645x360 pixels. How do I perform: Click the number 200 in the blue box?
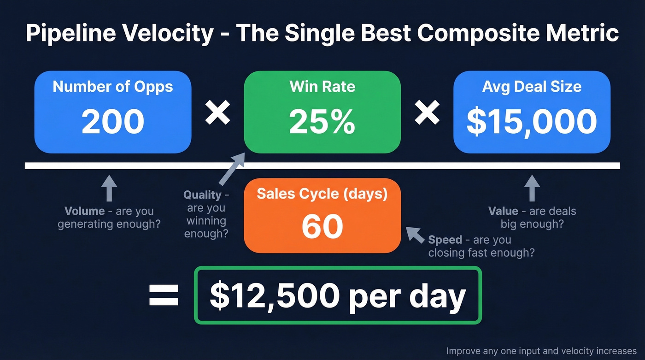point(113,121)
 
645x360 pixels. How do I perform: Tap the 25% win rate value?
point(322,121)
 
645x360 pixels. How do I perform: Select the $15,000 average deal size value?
point(532,121)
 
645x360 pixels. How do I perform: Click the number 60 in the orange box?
point(322,226)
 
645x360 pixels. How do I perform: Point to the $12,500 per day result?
point(338,295)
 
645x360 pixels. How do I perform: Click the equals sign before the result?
point(164,295)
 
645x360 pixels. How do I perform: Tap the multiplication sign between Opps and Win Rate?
point(217,112)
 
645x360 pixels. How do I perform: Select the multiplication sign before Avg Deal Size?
point(427,112)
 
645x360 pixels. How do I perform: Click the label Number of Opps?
point(113,87)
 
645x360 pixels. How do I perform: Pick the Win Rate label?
point(322,86)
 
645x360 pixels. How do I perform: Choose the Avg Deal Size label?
point(532,87)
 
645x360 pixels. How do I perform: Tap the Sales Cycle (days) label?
point(322,194)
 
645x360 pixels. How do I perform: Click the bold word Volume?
point(84,211)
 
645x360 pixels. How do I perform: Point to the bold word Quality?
point(202,195)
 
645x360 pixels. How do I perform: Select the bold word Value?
point(503,211)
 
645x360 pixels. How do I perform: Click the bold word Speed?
point(445,240)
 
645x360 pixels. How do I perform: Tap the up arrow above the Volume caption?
point(109,188)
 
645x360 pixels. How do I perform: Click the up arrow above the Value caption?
point(532,188)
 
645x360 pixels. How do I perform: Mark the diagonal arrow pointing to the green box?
point(231,169)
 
